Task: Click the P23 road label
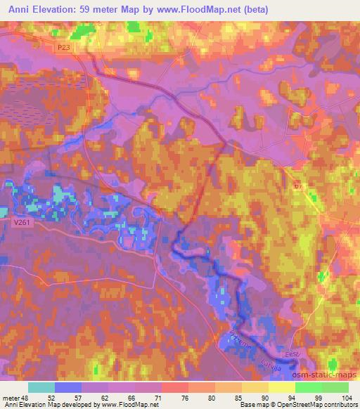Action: [x=65, y=47]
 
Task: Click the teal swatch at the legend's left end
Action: [x=41, y=387]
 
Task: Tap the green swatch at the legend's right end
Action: [x=335, y=387]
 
